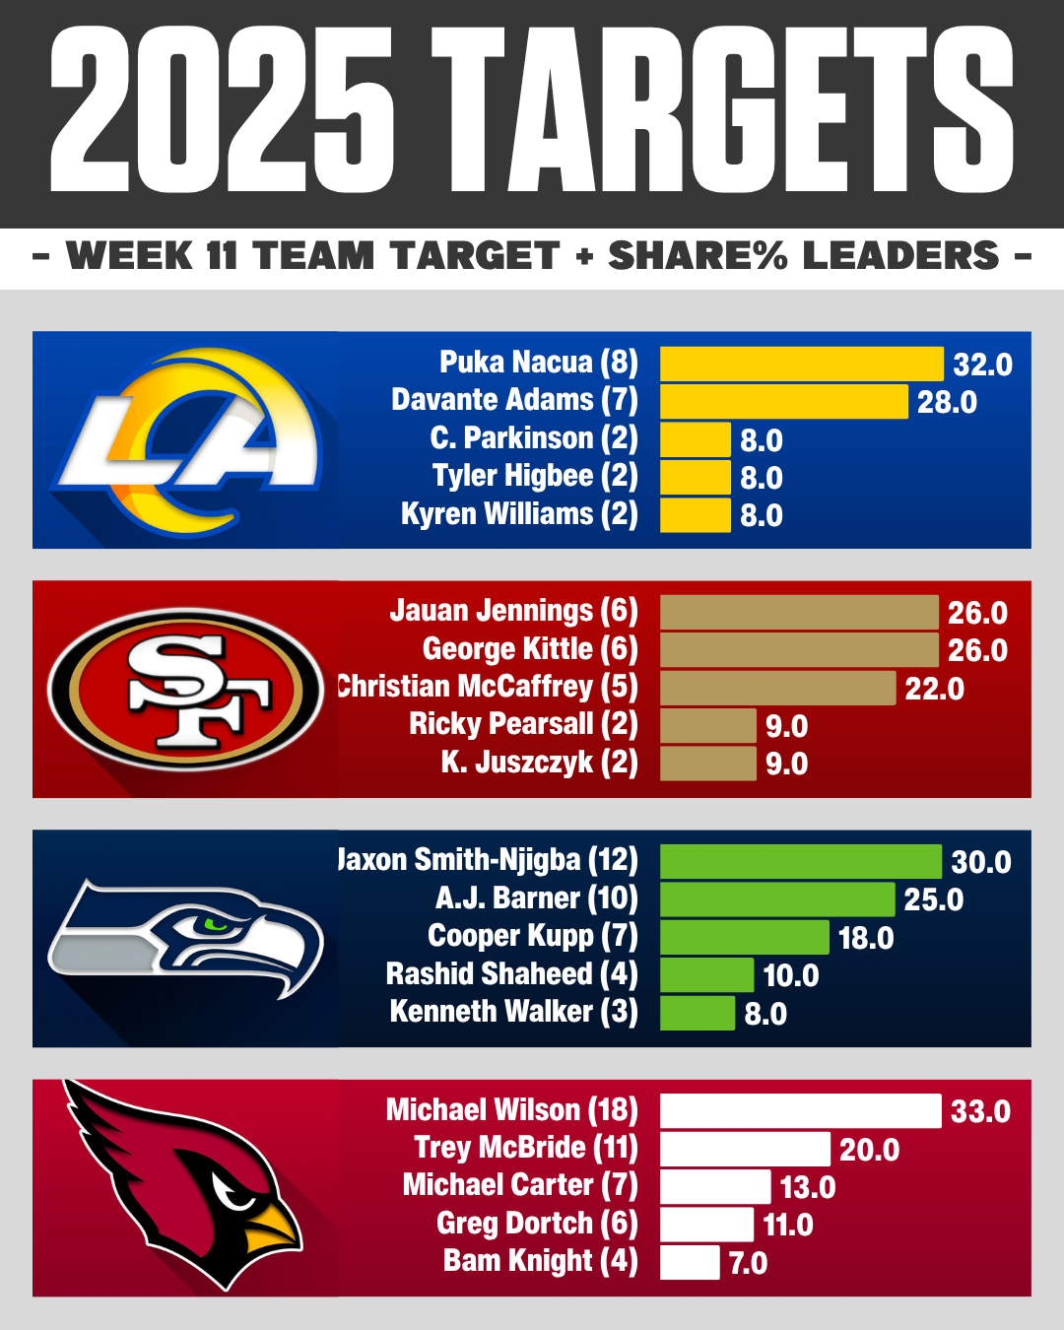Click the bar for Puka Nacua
[x=801, y=364]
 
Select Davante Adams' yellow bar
[x=783, y=402]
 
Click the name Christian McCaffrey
[x=489, y=687]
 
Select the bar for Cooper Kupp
[x=744, y=937]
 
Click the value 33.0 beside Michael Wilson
[x=980, y=1111]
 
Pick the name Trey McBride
[x=526, y=1148]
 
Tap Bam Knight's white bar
[x=690, y=1262]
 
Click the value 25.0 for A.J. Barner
[x=933, y=899]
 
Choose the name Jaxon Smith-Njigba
[x=489, y=860]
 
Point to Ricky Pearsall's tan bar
[x=707, y=726]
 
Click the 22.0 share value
[x=934, y=689]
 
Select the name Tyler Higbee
[x=535, y=477]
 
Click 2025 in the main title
[x=222, y=110]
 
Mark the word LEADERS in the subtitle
[x=901, y=256]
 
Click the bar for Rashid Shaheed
[x=706, y=975]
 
